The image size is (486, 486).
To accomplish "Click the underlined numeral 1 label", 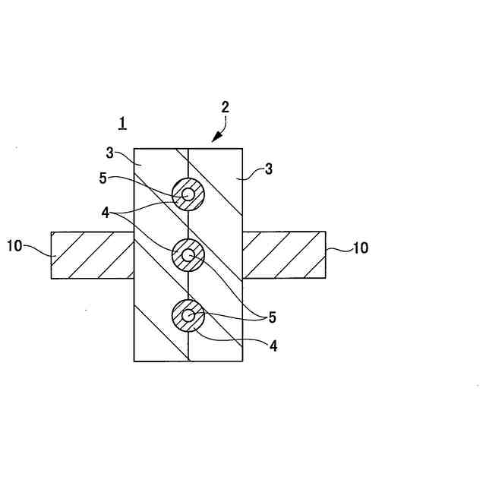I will point(123,122).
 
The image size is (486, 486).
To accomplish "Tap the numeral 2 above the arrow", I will point(225,107).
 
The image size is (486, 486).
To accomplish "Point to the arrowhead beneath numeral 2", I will point(214,139).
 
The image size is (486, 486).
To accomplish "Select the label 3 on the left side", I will point(109,153).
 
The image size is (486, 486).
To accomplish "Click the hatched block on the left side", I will point(92,255).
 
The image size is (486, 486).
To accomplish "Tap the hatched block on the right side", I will point(284,255).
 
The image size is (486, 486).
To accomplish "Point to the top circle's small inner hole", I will point(188,194).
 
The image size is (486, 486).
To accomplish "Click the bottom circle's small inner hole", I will point(188,315).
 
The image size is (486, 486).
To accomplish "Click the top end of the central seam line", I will point(188,150).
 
